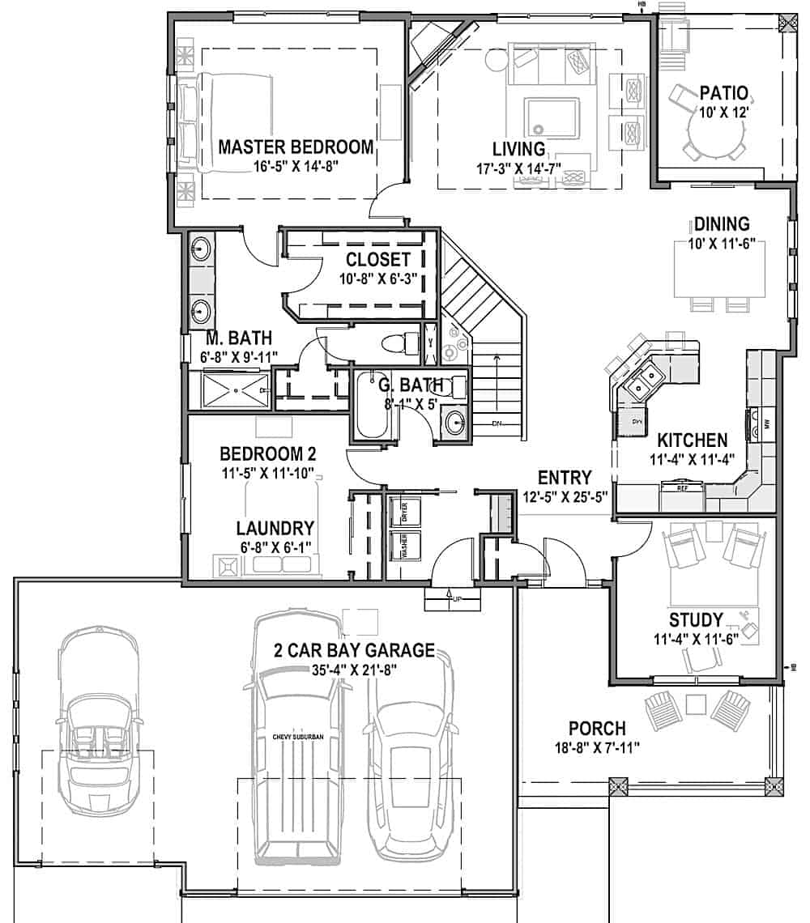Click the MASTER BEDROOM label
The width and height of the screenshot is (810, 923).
(x=296, y=147)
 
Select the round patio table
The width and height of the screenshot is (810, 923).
(x=714, y=130)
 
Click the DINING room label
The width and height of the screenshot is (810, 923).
(x=721, y=224)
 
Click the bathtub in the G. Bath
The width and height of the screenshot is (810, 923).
(x=372, y=406)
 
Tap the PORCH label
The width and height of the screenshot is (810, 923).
(x=596, y=729)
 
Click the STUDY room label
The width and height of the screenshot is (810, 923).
(x=695, y=620)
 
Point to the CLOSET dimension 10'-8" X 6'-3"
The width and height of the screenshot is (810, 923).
(x=378, y=279)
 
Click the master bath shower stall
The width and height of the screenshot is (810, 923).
(x=234, y=390)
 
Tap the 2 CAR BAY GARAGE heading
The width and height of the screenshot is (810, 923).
(x=354, y=651)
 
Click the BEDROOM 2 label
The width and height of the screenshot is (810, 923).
(x=267, y=453)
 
